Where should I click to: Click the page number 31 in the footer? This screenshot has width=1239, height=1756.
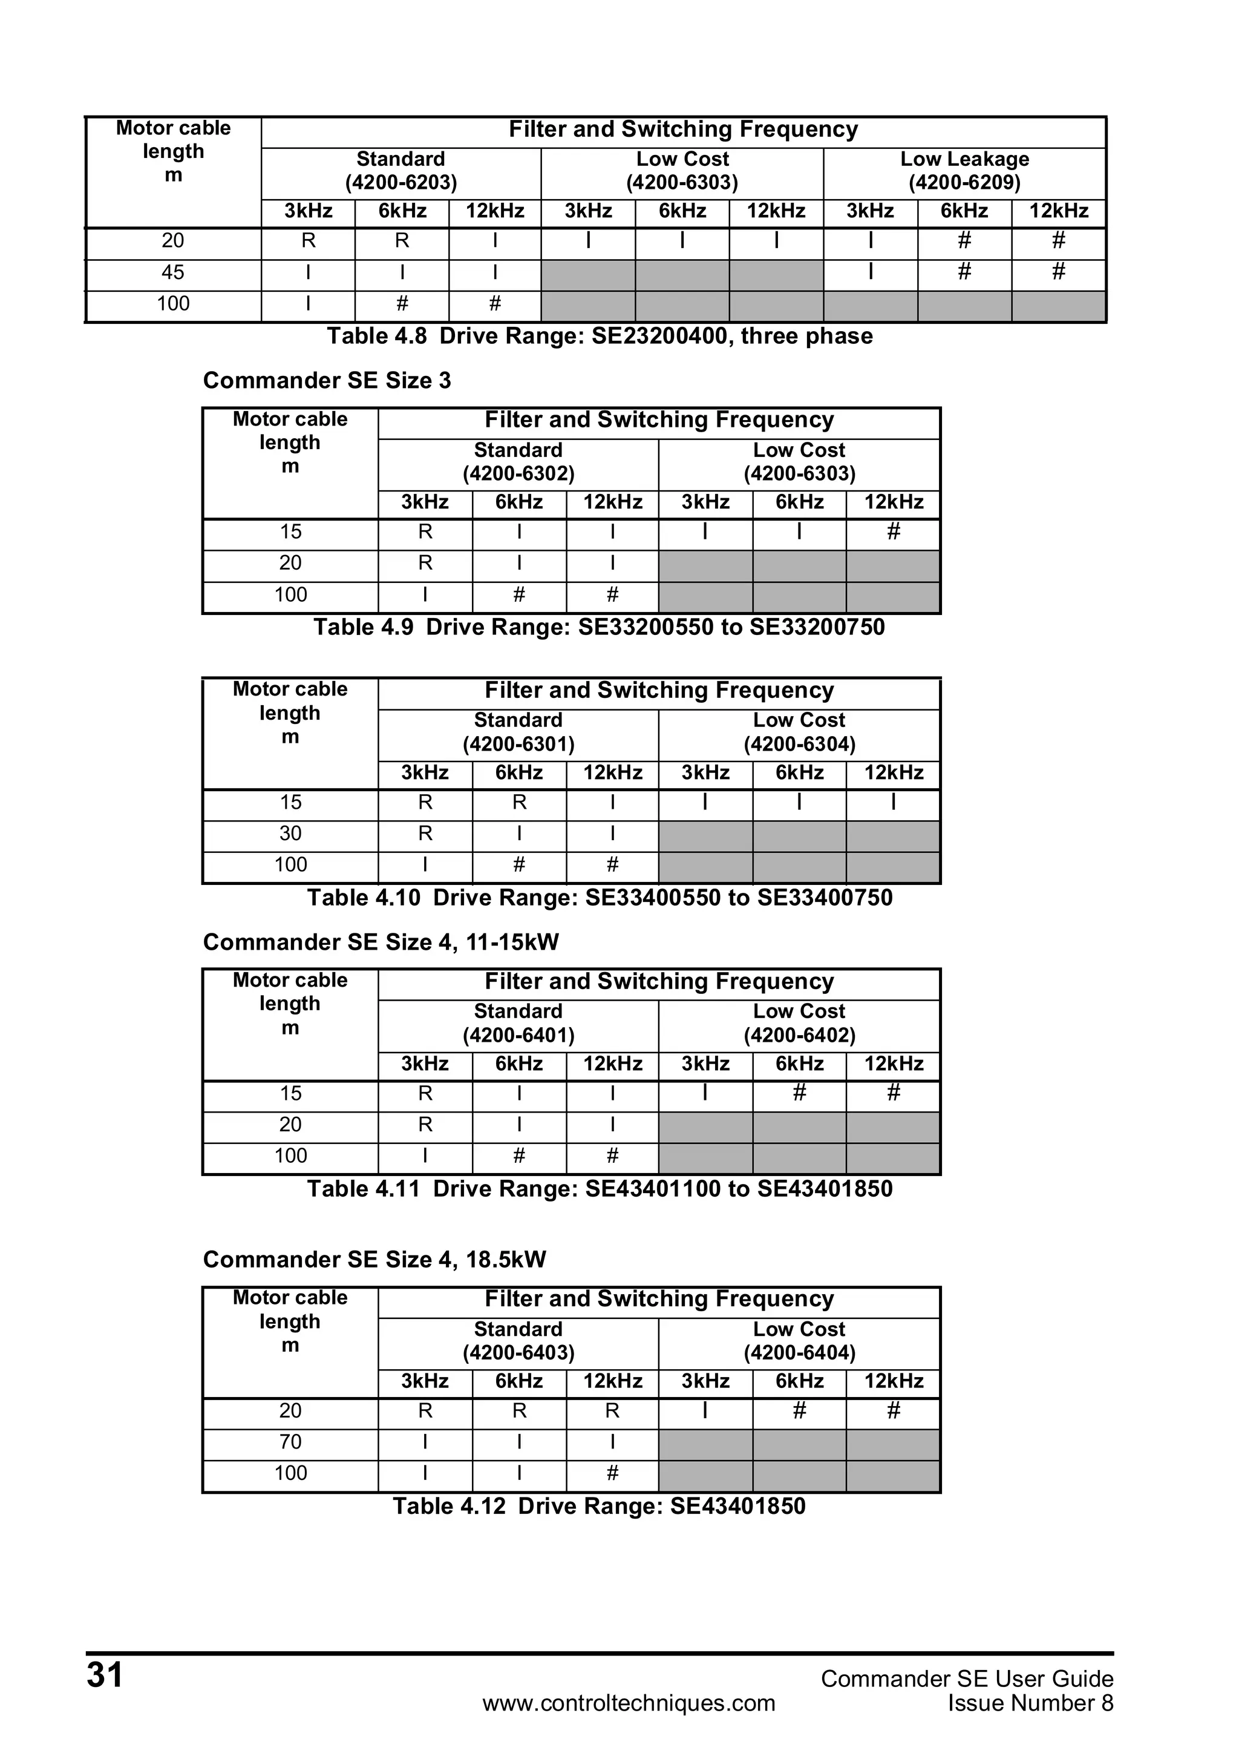105,1675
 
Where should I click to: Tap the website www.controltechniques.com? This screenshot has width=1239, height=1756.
629,1703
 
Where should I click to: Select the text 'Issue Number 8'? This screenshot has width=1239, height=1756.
1030,1703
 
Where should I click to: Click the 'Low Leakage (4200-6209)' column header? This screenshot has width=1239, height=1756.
964,171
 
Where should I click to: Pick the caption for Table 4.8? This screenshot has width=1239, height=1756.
600,337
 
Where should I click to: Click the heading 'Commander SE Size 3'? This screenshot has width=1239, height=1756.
327,381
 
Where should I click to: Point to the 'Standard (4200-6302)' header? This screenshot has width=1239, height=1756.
518,462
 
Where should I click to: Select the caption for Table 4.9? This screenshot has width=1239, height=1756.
600,627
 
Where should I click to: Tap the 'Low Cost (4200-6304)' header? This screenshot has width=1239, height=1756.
800,732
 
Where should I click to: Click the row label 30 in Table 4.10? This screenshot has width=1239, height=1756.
290,834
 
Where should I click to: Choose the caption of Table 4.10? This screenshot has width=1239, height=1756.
600,897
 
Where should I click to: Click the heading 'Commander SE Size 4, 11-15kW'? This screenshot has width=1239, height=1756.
381,942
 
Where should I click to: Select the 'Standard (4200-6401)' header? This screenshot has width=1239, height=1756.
518,1024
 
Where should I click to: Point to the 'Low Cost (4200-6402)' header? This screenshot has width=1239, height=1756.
800,1024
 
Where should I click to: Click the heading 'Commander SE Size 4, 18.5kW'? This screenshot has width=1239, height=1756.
374,1260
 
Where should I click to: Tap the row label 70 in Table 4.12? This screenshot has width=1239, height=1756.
290,1442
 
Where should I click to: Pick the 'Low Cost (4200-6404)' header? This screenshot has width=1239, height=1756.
800,1341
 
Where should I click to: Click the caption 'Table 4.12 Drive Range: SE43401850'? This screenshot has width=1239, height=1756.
600,1506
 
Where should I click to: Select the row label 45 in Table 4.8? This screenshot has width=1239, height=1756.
174,272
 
